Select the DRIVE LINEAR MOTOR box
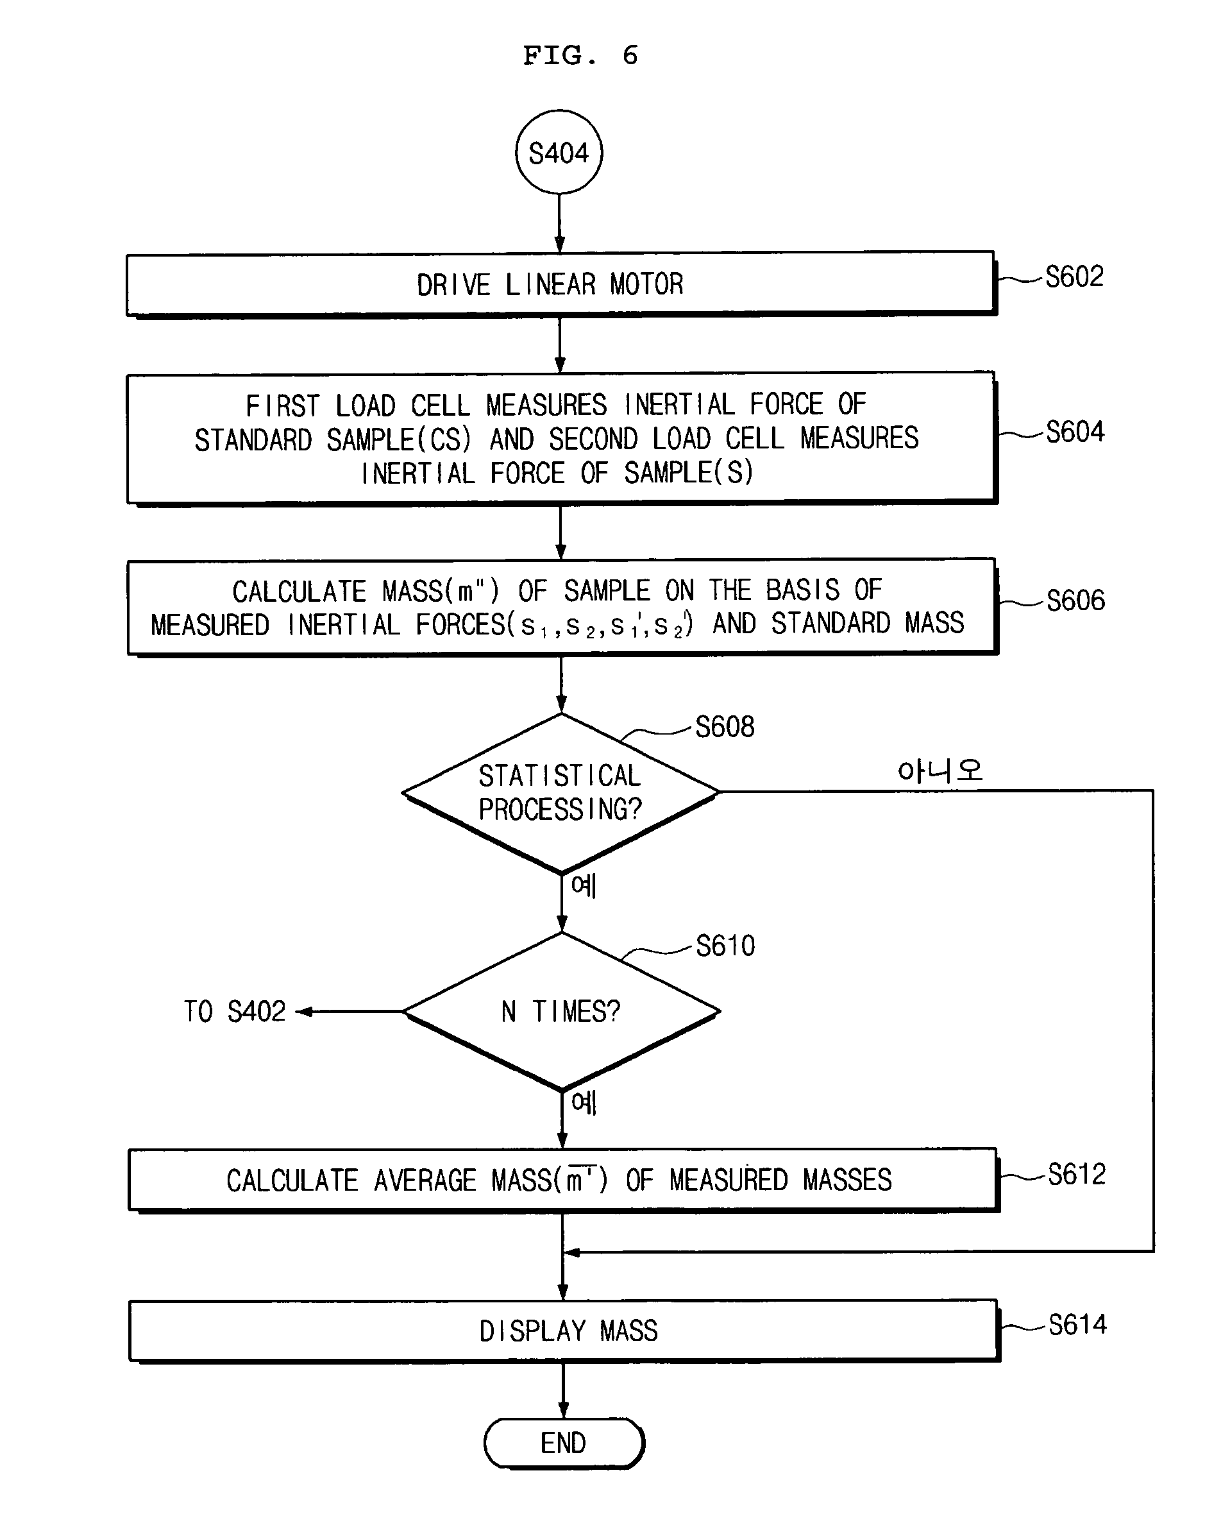point(560,284)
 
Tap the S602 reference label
point(1074,277)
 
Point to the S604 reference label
point(1074,431)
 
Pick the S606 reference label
point(1075,600)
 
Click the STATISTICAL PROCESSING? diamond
point(560,792)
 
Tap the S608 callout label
point(724,726)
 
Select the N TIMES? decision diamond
point(561,1011)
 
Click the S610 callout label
point(725,946)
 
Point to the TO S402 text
point(235,1011)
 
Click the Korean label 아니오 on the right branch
point(940,771)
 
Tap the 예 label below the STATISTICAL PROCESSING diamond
point(584,885)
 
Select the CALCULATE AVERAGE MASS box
point(561,1180)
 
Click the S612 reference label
point(1076,1173)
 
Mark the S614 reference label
point(1077,1324)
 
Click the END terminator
point(563,1443)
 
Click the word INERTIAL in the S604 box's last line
point(418,473)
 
